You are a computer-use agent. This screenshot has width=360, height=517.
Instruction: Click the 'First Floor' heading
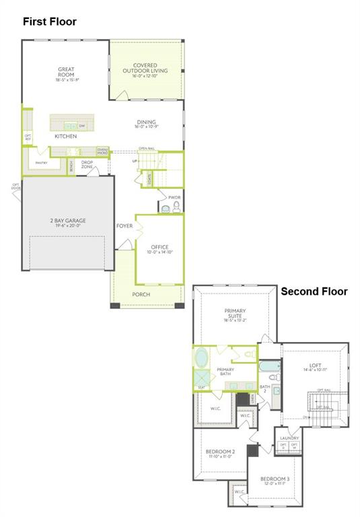(x=50, y=22)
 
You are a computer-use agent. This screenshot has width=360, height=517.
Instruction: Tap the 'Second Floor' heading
(x=314, y=291)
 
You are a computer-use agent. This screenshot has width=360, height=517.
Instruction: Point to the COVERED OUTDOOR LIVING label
(x=145, y=68)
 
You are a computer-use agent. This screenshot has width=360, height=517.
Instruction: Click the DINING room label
(x=145, y=123)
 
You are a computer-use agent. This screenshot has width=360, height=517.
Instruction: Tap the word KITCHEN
(x=65, y=136)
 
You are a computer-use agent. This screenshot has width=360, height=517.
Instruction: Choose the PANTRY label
(x=41, y=162)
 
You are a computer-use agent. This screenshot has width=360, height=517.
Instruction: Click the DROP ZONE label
(x=87, y=164)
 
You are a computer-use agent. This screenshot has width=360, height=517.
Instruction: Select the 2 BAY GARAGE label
(x=68, y=220)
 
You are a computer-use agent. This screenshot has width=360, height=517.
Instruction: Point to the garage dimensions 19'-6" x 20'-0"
(x=68, y=226)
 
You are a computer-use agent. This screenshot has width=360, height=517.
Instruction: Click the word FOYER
(x=124, y=226)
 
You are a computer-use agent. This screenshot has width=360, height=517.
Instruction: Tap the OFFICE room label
(x=159, y=247)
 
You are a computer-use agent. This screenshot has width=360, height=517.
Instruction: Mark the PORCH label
(x=141, y=295)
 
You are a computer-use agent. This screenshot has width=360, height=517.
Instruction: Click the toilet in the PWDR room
(x=176, y=206)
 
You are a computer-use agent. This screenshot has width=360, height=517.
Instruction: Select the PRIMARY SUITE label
(x=236, y=312)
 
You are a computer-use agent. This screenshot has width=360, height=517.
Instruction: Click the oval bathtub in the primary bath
(x=202, y=357)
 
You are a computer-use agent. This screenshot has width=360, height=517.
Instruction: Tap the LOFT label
(x=315, y=366)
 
